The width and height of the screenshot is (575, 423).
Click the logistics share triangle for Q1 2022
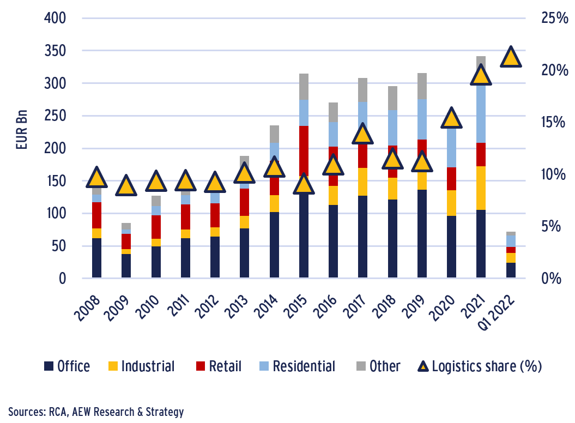click(511, 57)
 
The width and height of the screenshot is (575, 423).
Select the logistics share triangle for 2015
click(304, 184)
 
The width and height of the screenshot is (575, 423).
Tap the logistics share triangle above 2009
click(126, 186)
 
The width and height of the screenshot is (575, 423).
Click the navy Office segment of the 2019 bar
click(422, 234)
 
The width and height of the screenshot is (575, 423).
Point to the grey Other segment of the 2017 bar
click(362, 90)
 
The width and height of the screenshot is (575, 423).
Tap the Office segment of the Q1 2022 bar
click(511, 270)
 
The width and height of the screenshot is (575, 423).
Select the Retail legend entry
click(218, 366)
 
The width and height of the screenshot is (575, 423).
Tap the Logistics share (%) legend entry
click(480, 366)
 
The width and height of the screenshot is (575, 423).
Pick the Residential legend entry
click(296, 366)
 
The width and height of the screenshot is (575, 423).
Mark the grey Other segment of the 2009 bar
click(126, 226)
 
